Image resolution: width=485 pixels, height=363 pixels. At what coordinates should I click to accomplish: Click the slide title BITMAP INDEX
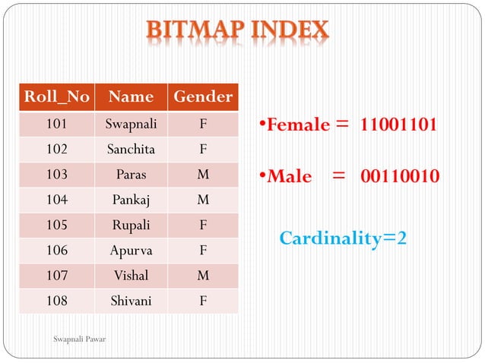[238, 31]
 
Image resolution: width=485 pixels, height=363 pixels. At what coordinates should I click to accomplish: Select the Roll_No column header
[56, 97]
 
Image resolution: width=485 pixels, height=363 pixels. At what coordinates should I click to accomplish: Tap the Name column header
[131, 97]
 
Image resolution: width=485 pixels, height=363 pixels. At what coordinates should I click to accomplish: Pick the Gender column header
[203, 97]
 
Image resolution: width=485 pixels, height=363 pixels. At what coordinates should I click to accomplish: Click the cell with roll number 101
[56, 123]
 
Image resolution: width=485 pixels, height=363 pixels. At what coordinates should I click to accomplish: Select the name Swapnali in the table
[131, 123]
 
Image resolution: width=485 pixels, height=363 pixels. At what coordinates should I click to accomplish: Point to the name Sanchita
[131, 149]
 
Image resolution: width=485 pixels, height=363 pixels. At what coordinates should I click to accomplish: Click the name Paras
[131, 174]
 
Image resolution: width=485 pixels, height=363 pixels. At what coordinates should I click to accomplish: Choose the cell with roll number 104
[56, 200]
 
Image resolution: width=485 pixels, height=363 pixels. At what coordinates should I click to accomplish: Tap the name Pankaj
[131, 200]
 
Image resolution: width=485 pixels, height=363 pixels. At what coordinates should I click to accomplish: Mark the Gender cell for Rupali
[203, 225]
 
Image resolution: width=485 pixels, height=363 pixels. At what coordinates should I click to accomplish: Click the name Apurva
[131, 250]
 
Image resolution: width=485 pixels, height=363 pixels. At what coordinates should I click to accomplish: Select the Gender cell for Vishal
[203, 276]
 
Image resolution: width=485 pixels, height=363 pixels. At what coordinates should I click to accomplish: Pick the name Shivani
[131, 301]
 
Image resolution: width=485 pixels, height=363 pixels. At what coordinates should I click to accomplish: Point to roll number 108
[56, 301]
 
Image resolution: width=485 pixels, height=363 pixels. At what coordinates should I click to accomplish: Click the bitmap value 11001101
[398, 125]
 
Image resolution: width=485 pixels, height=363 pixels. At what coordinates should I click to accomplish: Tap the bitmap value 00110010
[399, 177]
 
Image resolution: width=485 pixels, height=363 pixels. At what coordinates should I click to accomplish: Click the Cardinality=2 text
[343, 238]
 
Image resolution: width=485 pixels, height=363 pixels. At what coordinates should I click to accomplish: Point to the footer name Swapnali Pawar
[80, 339]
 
